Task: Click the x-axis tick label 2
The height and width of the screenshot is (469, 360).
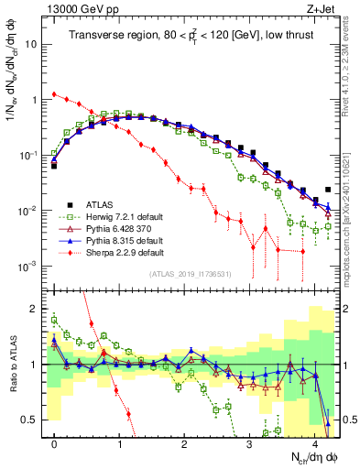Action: click(184, 443)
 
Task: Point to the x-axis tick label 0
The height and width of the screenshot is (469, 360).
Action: click(54, 443)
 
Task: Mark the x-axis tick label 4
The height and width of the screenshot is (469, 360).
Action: click(314, 443)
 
